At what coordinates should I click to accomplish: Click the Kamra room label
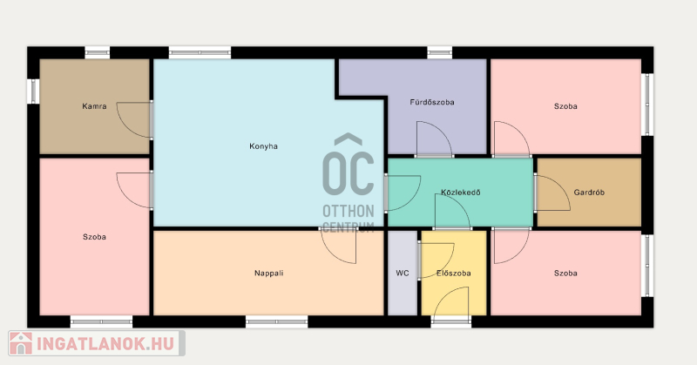coord(94,106)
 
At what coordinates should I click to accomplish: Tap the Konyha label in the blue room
coord(264,146)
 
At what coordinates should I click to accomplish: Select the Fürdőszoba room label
coord(432,102)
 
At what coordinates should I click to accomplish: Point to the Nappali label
coord(269,273)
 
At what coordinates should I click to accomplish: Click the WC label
coord(403,273)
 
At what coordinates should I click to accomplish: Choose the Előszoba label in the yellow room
coord(453,274)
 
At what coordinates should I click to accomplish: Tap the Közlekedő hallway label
coord(461,193)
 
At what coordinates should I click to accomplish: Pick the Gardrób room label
coord(589,193)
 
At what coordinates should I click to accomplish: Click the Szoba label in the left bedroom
coord(94,237)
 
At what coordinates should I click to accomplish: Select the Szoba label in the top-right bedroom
coord(565,106)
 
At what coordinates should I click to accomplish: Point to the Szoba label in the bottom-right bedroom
coord(565,273)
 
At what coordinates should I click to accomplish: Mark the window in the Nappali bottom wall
coord(276,321)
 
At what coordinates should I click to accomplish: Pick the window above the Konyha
coord(200,52)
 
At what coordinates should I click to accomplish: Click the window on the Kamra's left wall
coord(33,91)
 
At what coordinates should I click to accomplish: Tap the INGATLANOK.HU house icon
coord(21,343)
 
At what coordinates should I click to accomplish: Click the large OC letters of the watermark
coord(348,172)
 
